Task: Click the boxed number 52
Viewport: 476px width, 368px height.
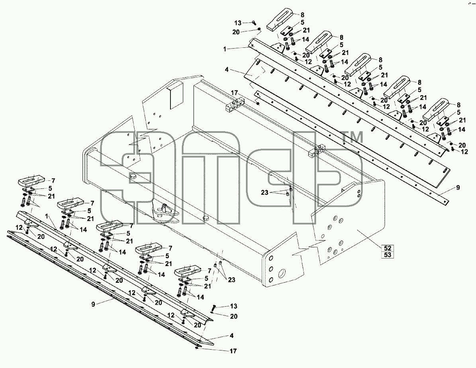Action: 387,248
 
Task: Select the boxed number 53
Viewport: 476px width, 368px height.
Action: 387,255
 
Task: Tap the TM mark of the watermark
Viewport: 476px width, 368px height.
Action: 352,137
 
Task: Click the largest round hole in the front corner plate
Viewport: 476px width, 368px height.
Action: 281,271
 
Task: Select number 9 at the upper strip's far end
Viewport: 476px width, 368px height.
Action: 458,188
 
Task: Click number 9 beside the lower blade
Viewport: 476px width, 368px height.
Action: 93,303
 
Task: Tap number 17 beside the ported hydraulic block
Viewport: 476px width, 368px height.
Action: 234,92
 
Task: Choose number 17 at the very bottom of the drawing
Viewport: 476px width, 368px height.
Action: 233,351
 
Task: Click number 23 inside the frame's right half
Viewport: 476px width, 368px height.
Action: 265,192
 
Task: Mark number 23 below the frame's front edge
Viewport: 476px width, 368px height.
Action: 231,280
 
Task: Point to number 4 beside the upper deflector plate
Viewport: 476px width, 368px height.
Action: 227,70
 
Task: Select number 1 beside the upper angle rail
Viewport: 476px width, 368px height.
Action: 225,49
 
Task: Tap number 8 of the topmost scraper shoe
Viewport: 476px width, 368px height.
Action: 302,15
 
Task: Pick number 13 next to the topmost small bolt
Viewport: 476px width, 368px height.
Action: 238,23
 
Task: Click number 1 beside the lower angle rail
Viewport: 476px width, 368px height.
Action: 47,216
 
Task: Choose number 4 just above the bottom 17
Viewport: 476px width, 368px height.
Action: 232,336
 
